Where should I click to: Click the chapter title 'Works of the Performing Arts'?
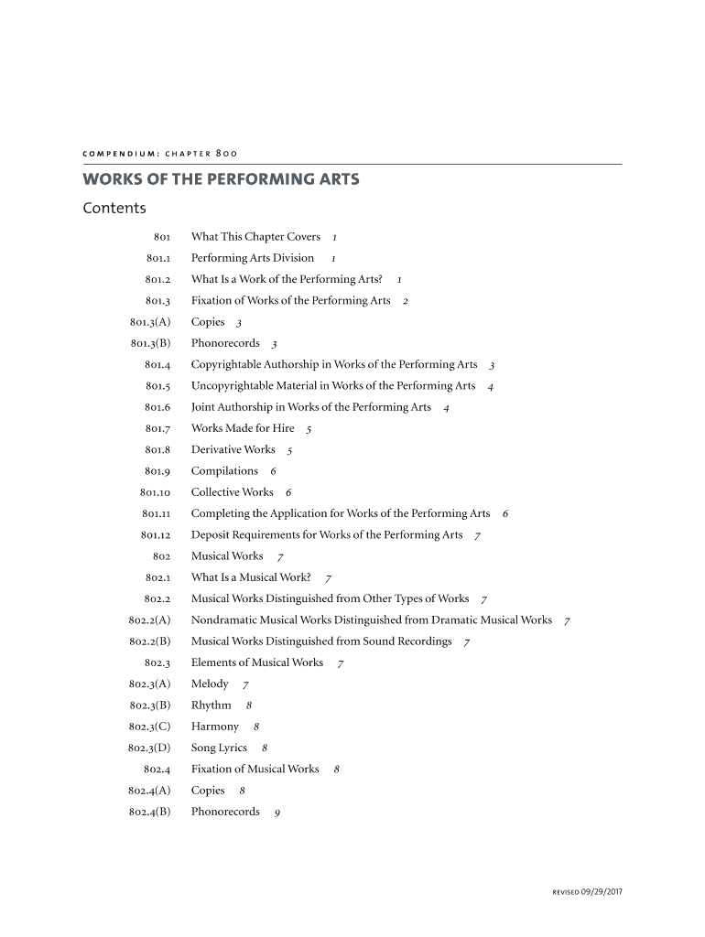pyautogui.click(x=221, y=179)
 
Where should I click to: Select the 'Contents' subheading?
pyautogui.click(x=114, y=208)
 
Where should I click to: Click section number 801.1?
pyautogui.click(x=158, y=258)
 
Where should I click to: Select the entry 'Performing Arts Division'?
pyautogui.click(x=253, y=258)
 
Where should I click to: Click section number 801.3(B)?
pyautogui.click(x=151, y=343)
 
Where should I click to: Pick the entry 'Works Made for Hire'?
pyautogui.click(x=243, y=428)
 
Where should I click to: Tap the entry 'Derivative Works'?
pyautogui.click(x=233, y=449)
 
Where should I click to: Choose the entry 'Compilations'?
pyautogui.click(x=224, y=470)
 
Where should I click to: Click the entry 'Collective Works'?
pyautogui.click(x=233, y=492)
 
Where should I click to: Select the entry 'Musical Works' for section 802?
pyautogui.click(x=227, y=555)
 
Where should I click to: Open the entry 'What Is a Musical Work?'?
pyautogui.click(x=251, y=577)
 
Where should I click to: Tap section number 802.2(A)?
pyautogui.click(x=150, y=619)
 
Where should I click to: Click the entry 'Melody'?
pyautogui.click(x=210, y=684)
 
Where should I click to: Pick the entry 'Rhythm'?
pyautogui.click(x=211, y=705)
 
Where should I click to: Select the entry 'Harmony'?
pyautogui.click(x=215, y=727)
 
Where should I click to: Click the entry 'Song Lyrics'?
pyautogui.click(x=220, y=748)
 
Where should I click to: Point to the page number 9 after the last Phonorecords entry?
pyautogui.click(x=277, y=813)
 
